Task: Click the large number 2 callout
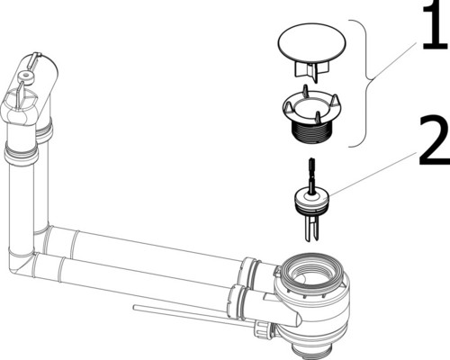point(435,140)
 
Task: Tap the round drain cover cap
point(311,42)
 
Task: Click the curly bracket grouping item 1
point(366,84)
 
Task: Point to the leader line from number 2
point(373,174)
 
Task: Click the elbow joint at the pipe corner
point(19,263)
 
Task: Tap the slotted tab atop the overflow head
point(33,59)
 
